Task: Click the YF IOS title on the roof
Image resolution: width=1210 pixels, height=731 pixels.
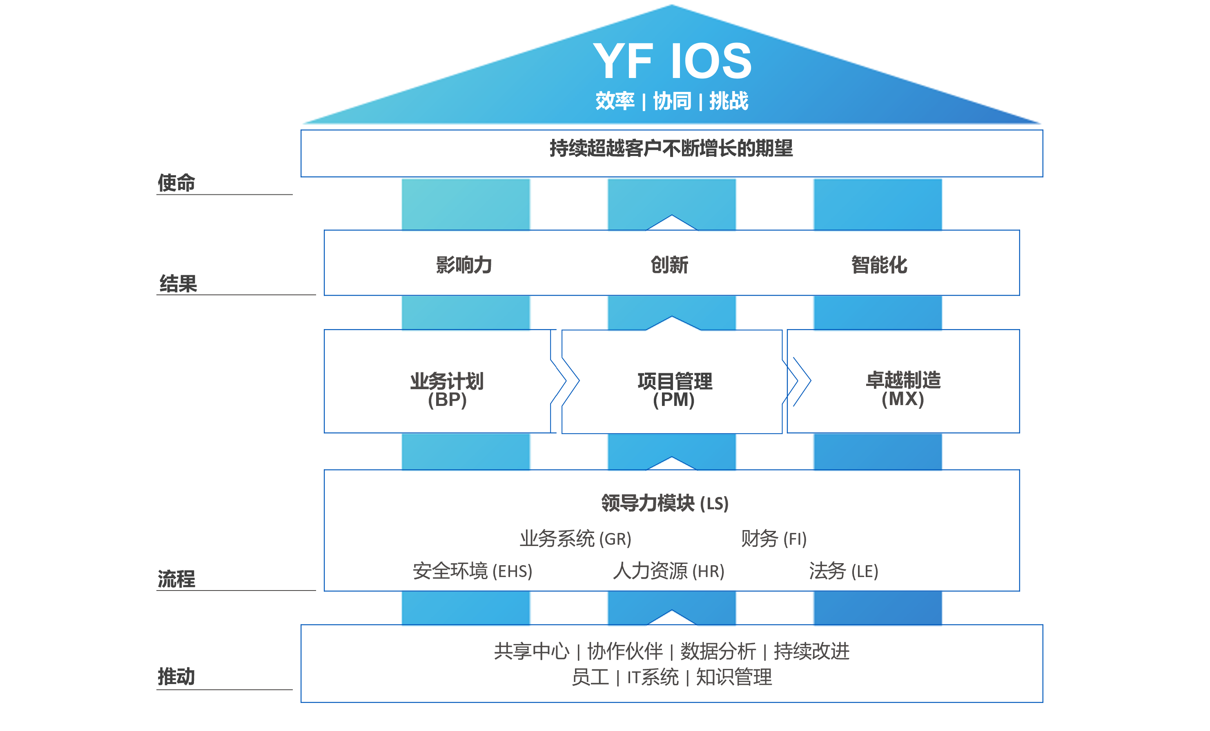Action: click(672, 61)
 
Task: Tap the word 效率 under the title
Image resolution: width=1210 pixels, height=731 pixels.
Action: click(615, 101)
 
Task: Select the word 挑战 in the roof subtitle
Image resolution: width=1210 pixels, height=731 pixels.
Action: click(729, 101)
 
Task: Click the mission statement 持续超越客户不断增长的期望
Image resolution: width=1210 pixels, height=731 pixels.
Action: click(671, 148)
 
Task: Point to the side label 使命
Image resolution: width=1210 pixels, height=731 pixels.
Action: click(176, 183)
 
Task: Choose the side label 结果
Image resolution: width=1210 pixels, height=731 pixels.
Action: click(178, 284)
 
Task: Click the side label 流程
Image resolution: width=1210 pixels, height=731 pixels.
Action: click(176, 579)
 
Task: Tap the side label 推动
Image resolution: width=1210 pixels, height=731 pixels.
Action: click(176, 677)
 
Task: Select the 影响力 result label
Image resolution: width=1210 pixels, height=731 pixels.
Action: click(464, 265)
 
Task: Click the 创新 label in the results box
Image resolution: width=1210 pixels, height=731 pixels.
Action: click(670, 265)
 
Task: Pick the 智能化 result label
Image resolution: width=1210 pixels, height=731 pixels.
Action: click(879, 265)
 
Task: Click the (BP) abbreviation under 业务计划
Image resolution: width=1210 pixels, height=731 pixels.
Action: click(447, 400)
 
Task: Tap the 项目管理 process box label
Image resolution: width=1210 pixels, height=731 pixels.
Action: click(675, 381)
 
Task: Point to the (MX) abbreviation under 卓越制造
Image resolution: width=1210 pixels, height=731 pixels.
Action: click(902, 399)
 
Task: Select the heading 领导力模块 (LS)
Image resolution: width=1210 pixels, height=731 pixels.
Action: click(665, 503)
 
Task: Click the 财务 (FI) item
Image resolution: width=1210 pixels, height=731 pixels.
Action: click(773, 539)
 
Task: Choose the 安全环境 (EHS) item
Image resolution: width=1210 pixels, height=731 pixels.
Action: click(472, 571)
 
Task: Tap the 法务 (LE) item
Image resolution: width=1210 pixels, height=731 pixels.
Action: click(844, 571)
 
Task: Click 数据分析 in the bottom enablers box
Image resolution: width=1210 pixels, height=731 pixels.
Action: click(718, 651)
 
